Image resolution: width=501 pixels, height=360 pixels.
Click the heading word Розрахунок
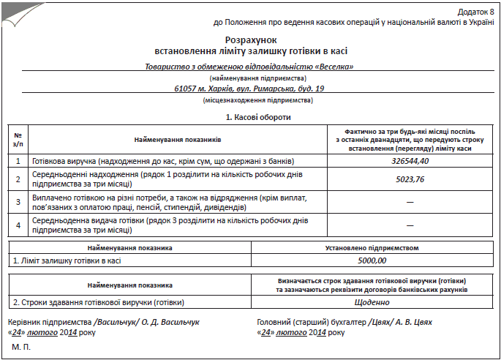point(251,39)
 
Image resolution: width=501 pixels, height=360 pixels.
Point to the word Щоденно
point(371,302)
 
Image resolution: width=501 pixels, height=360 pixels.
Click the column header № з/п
point(18,139)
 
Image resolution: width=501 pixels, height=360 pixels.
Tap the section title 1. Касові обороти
point(251,117)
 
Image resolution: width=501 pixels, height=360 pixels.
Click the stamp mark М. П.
point(22,345)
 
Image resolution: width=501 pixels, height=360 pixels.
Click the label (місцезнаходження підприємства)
point(251,100)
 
